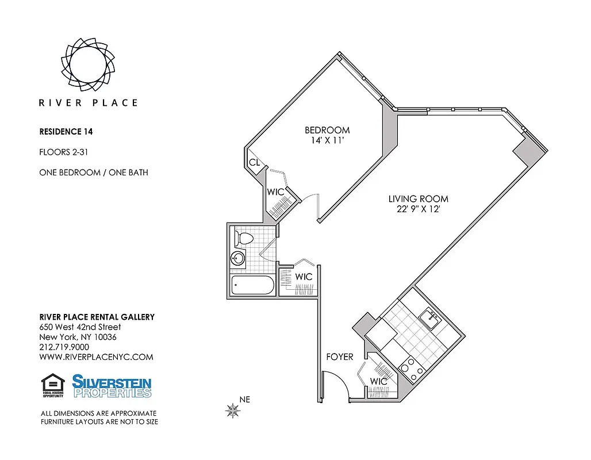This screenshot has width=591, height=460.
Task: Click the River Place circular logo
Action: [x=88, y=60]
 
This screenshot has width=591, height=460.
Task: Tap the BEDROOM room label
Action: [x=327, y=130]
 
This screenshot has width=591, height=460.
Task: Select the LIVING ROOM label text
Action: [x=418, y=199]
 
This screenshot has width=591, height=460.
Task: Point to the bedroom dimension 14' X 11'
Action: [x=327, y=140]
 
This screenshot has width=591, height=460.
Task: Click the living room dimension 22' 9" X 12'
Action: [x=418, y=209]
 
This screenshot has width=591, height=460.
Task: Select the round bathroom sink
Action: [x=237, y=259]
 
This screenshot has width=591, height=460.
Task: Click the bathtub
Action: [x=253, y=285]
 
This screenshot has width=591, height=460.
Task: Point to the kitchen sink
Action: [x=428, y=317]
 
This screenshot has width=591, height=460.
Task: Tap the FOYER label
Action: [x=340, y=357]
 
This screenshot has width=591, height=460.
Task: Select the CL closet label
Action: [x=254, y=163]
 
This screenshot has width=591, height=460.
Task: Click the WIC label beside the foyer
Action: [x=378, y=381]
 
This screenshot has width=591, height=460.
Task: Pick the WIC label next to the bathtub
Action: [x=304, y=277]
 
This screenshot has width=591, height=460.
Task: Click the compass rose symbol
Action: [x=233, y=410]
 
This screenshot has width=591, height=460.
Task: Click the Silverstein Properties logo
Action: [x=112, y=386]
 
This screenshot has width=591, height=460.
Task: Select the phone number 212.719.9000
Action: [x=64, y=347]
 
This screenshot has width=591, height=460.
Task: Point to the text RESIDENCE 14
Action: [x=66, y=131]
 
